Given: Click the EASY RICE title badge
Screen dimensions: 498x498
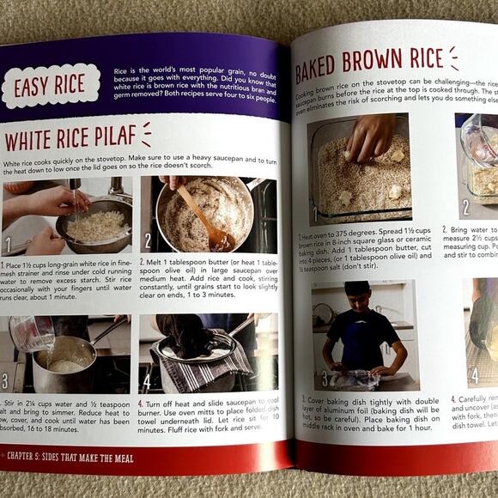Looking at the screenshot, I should (x=50, y=86).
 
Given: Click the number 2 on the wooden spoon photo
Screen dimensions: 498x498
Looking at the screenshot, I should (x=148, y=241).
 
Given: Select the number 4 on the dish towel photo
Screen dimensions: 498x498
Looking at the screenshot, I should (x=146, y=380).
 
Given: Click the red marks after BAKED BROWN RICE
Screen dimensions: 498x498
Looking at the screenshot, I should (x=452, y=58).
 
